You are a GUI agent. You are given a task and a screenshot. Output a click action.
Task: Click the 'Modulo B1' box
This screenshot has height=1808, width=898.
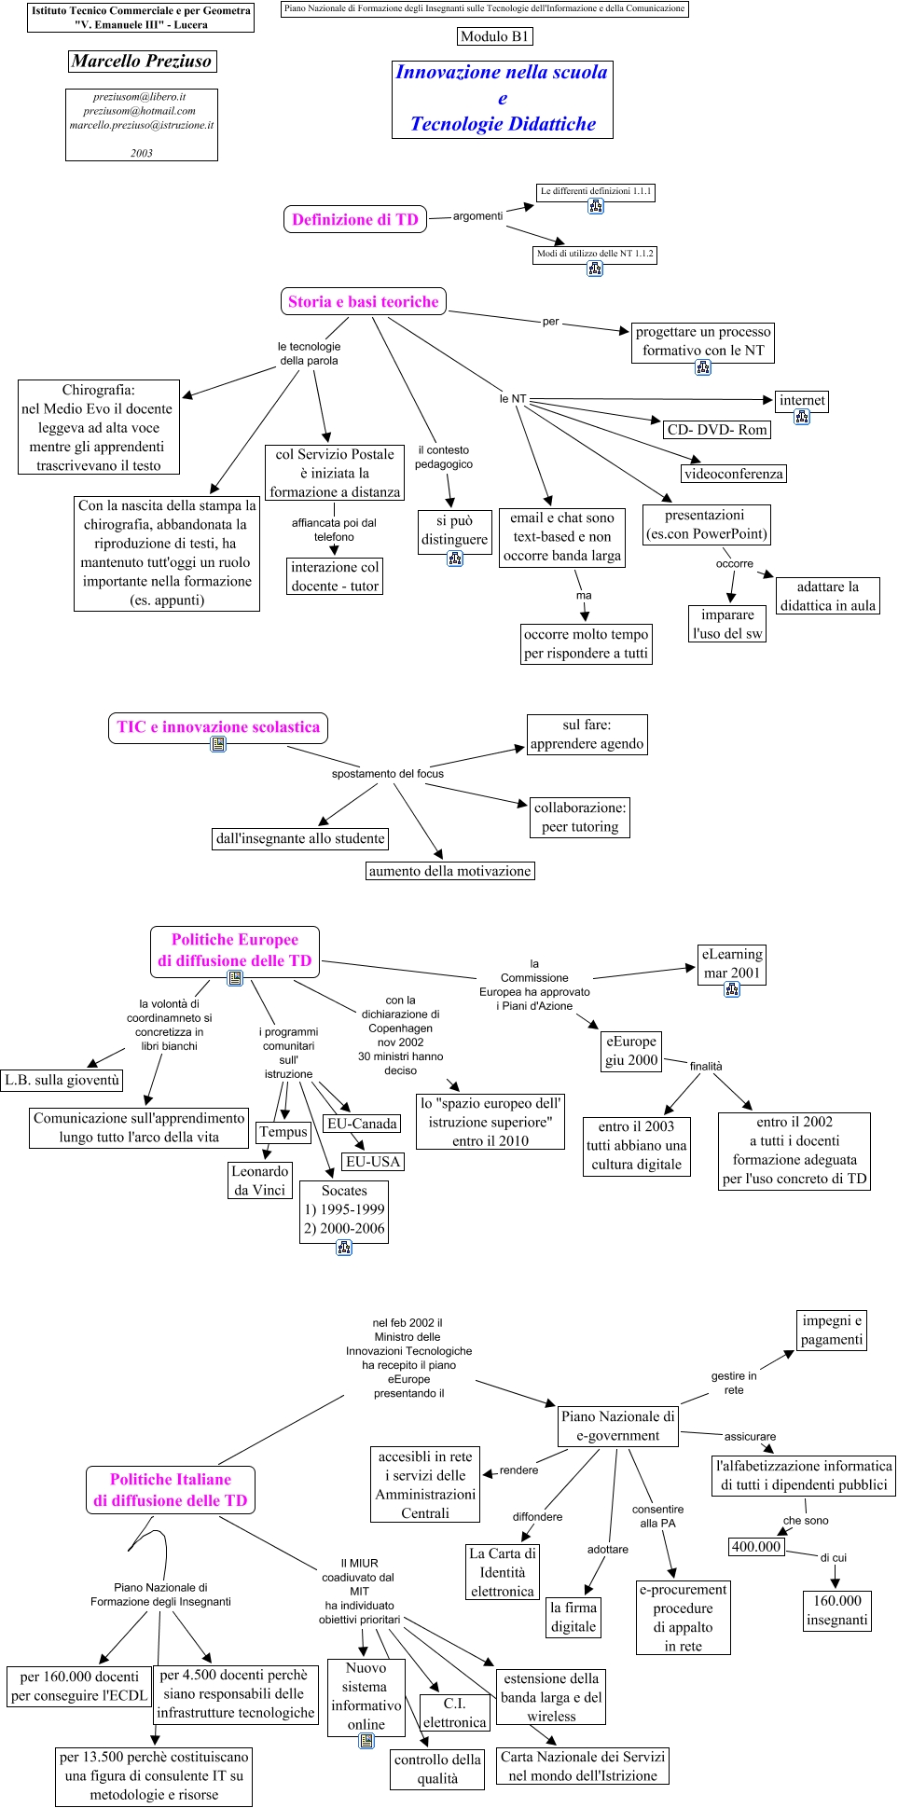coord(495,36)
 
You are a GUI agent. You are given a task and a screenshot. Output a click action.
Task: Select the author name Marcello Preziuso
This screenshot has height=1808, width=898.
coord(142,62)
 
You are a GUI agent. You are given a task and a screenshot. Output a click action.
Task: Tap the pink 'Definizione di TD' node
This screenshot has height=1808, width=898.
coord(354,220)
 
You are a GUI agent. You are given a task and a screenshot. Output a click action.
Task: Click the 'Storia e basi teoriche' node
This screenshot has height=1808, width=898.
coord(363,302)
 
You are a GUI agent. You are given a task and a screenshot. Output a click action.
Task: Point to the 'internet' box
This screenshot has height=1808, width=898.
coord(802,401)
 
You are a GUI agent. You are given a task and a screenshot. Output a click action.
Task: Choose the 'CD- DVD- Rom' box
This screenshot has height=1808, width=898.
coord(717,430)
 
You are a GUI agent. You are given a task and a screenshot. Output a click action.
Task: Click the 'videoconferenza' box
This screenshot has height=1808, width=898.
coord(733,474)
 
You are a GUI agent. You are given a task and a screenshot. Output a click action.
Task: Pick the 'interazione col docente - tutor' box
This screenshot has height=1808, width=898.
coord(335,576)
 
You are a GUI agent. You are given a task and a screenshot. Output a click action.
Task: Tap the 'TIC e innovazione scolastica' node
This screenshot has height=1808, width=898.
coord(218,727)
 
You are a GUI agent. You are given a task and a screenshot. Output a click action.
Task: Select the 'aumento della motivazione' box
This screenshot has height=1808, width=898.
coord(450,871)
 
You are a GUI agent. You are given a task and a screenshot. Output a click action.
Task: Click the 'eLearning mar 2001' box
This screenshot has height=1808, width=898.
coord(732,964)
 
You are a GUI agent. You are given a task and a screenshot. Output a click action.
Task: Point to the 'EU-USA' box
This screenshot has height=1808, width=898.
coord(373,1162)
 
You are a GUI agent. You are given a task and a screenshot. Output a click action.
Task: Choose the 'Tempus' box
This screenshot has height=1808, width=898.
coord(283,1132)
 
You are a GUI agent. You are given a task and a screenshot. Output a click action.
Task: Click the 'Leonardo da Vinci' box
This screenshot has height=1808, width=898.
coord(260,1180)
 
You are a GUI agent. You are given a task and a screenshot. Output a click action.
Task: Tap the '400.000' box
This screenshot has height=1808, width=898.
coord(756,1547)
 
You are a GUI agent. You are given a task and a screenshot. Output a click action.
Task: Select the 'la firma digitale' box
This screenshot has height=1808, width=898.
coord(573,1617)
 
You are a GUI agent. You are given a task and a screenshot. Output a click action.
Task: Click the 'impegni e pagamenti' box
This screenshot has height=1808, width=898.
coord(832,1331)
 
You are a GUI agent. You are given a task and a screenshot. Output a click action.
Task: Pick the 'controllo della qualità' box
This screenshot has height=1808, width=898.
coord(437,1769)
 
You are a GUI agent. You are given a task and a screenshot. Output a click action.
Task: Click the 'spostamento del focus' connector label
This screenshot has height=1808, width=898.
coord(388,774)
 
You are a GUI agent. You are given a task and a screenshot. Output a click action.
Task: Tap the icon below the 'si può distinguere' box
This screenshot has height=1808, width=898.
coord(455,559)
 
